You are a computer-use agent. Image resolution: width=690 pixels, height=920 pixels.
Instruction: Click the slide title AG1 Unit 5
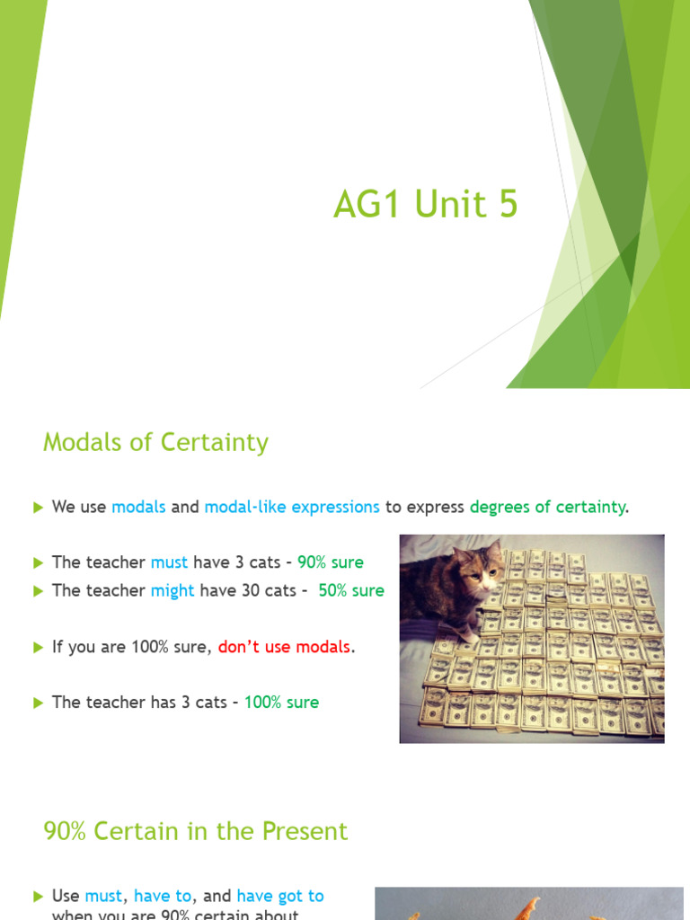[x=425, y=206]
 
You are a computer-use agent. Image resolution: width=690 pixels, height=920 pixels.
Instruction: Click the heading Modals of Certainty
[x=155, y=443]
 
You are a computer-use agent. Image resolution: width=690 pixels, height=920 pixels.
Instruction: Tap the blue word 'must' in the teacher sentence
[x=169, y=562]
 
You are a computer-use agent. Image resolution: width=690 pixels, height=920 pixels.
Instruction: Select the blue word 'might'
[x=172, y=591]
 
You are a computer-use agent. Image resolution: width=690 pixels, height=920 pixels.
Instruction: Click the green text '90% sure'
[x=331, y=562]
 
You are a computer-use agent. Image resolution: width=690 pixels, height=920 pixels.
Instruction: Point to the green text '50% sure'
[x=351, y=591]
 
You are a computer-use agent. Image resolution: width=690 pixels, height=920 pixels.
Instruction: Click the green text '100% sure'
[x=281, y=703]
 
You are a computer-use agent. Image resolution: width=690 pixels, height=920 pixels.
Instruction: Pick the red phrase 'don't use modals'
[x=284, y=647]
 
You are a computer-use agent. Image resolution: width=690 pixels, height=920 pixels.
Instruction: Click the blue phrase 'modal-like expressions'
[x=292, y=508]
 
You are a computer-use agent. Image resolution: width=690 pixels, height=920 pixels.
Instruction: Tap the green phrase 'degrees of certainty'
[x=547, y=508]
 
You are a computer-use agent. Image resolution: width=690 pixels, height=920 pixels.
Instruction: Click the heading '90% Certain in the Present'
[x=195, y=832]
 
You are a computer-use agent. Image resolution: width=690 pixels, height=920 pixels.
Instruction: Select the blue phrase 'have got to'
[x=280, y=897]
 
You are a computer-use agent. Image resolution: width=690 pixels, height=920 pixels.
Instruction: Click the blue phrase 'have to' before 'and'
[x=163, y=897]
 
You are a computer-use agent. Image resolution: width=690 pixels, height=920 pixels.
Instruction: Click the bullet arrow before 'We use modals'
[x=38, y=508]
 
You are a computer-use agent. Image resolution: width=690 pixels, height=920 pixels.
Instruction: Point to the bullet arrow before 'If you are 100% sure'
[x=38, y=647]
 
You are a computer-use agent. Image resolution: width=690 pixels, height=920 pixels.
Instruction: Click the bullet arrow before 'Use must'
[x=38, y=897]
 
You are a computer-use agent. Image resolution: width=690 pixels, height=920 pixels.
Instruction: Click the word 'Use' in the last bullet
[x=66, y=897]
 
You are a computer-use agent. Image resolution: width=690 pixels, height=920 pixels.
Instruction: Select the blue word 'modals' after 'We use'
[x=138, y=508]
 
